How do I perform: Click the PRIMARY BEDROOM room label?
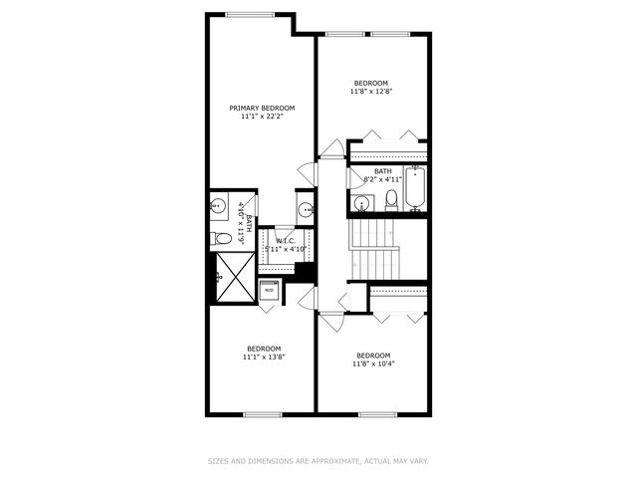[262, 108]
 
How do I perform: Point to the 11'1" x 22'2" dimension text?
[262, 117]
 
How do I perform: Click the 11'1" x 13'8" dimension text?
[264, 357]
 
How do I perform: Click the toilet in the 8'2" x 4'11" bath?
[390, 199]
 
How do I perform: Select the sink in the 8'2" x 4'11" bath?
[361, 203]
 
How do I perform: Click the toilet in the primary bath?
[223, 239]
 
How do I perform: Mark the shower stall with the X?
[234, 276]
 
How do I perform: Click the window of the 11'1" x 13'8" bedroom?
[264, 413]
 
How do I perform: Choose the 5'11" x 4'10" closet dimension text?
[286, 248]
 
